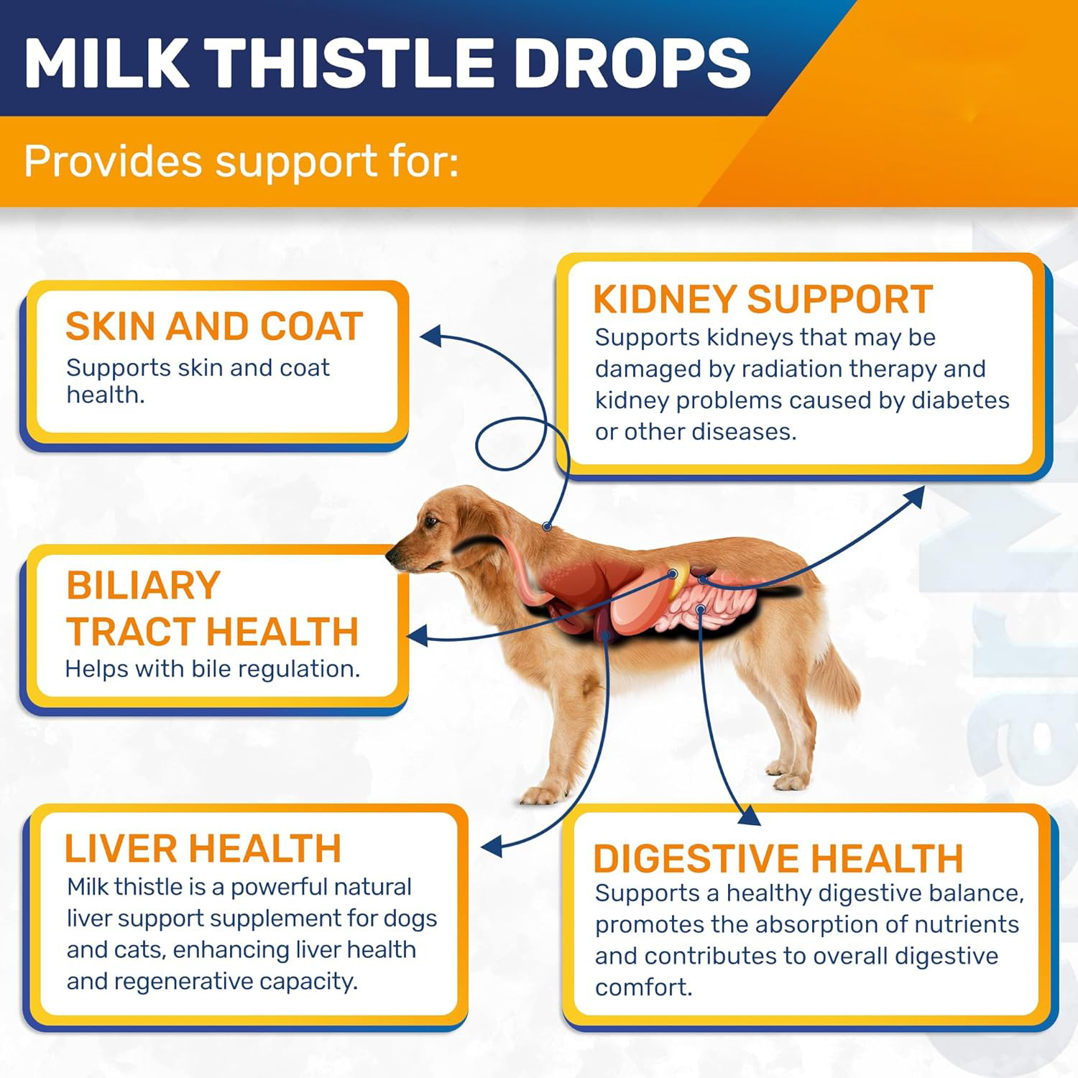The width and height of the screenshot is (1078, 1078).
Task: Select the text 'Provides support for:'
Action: pos(241,161)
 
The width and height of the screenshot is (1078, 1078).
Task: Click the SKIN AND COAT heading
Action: pos(214,326)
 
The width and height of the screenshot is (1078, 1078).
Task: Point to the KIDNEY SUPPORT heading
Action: pos(763,299)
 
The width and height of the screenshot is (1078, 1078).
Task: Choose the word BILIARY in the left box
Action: pos(143,585)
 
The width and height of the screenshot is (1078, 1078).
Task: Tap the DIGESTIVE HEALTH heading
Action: pos(778,858)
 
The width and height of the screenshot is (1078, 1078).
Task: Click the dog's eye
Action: pos(431,521)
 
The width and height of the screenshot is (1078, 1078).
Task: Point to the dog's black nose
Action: pos(391,554)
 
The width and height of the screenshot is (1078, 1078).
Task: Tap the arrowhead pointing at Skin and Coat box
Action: pos(430,335)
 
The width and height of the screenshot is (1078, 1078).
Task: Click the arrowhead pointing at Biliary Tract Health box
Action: pos(418,635)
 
